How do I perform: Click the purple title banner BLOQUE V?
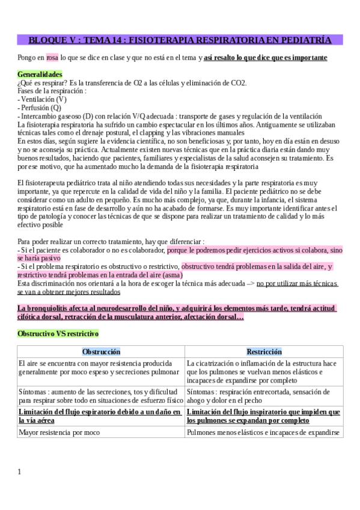pyautogui.click(x=180, y=40)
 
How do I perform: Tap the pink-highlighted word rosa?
pyautogui.click(x=52, y=58)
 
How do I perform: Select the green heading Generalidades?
pyautogui.click(x=40, y=75)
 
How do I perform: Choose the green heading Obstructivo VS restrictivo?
pyautogui.click(x=58, y=333)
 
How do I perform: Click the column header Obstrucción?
pyautogui.click(x=101, y=352)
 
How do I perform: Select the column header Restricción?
pyautogui.click(x=264, y=352)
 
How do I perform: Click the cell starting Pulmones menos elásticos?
pyautogui.click(x=263, y=432)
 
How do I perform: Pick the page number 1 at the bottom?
pyautogui.click(x=19, y=472)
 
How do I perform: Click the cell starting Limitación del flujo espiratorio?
pyautogui.click(x=100, y=416)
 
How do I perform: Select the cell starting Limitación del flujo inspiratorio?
pyautogui.click(x=263, y=416)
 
